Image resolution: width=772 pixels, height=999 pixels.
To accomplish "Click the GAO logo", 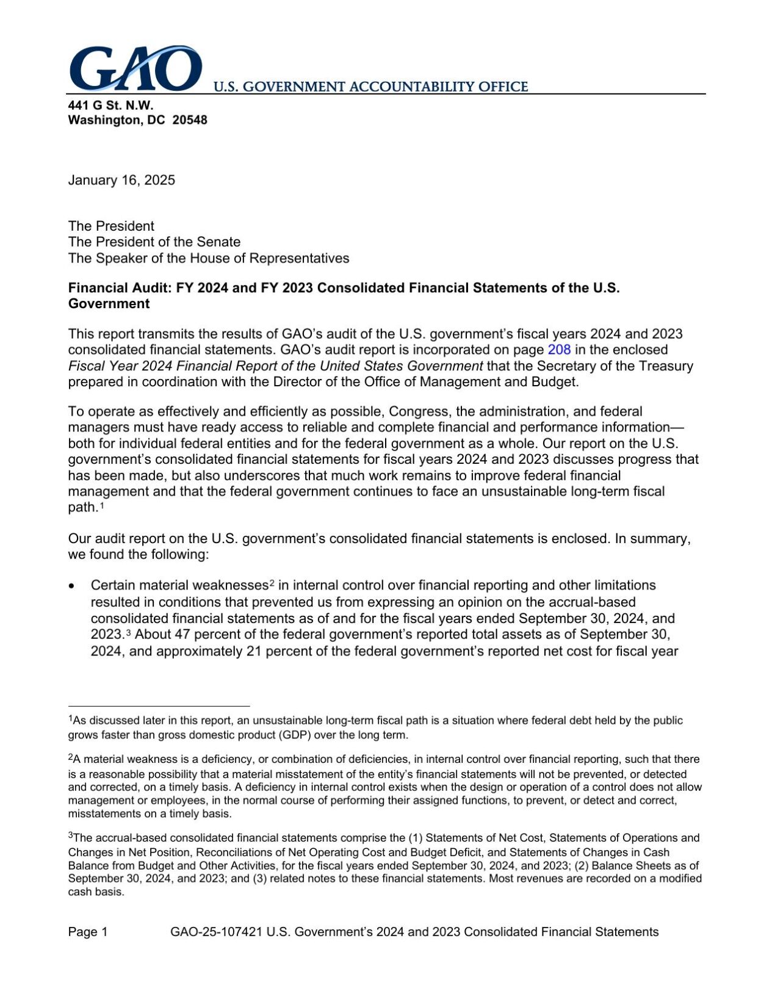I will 135,68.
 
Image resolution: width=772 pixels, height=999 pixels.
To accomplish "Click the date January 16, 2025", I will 121,180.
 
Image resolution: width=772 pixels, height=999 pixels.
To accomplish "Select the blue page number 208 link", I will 559,350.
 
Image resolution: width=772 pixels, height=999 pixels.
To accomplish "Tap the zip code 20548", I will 190,120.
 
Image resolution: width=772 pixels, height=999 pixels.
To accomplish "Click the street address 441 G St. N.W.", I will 110,105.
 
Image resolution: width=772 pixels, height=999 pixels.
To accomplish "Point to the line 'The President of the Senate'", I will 154,242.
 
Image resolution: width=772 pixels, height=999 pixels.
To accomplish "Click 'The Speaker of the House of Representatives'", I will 208,258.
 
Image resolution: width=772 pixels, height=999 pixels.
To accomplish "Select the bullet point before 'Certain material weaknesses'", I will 73,586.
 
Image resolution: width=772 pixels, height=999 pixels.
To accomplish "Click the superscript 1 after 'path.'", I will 102,505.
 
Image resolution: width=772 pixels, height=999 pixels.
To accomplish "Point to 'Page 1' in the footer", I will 88,932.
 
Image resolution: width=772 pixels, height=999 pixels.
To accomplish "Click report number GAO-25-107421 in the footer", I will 217,932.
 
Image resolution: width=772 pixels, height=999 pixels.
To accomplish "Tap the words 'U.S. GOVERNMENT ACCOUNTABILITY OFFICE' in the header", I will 370,87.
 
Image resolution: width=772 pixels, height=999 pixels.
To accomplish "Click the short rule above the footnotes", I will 159,705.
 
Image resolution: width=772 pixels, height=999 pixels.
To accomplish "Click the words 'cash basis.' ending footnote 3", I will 96,892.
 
